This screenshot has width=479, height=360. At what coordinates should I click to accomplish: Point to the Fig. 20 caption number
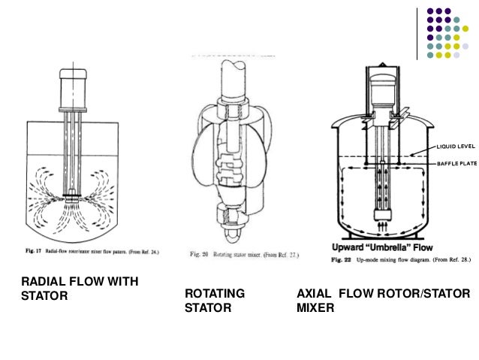point(197,256)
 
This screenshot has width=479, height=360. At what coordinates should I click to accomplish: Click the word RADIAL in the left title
point(42,281)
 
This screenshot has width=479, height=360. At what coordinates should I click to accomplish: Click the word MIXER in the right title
point(315,307)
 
